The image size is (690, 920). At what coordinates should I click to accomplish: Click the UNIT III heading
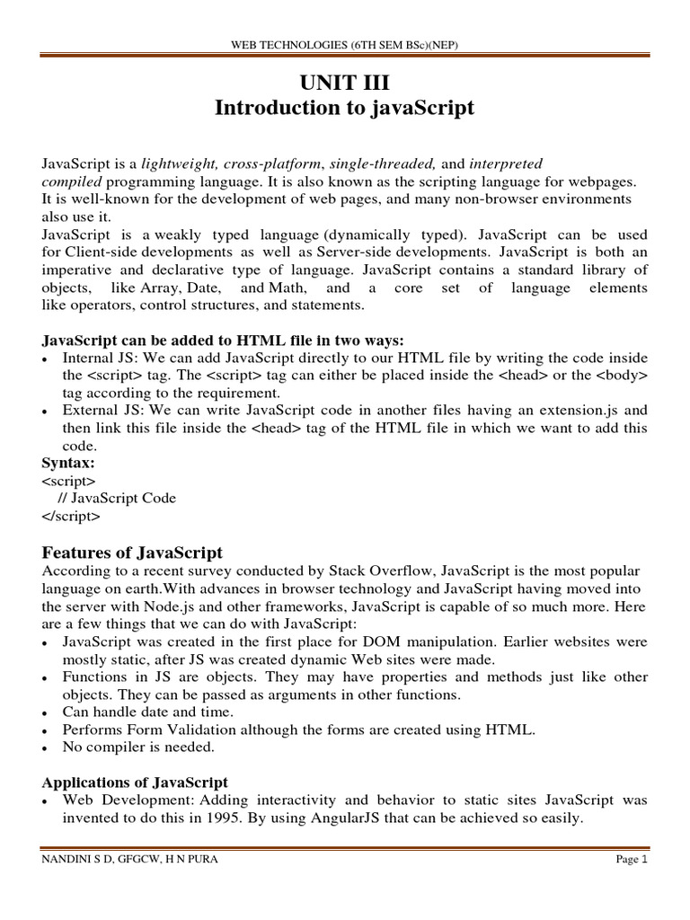pos(344,83)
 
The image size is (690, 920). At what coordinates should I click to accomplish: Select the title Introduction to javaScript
pos(344,109)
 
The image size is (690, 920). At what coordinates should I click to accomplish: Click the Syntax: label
pos(68,463)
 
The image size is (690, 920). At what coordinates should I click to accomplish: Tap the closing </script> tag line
pos(71,516)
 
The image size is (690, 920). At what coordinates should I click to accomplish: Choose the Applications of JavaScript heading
pos(135,782)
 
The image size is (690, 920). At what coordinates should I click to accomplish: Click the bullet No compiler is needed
pos(137,747)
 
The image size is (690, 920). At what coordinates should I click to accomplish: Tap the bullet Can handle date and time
pos(146,712)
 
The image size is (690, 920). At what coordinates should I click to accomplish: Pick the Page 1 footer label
pos(632,860)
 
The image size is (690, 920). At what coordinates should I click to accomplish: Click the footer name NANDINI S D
pos(77,860)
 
